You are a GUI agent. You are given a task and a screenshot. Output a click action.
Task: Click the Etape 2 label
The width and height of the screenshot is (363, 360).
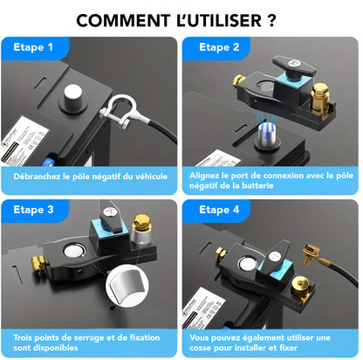pyautogui.click(x=220, y=48)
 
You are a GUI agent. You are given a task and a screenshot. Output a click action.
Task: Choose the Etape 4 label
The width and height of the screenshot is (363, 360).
pyautogui.click(x=220, y=210)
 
